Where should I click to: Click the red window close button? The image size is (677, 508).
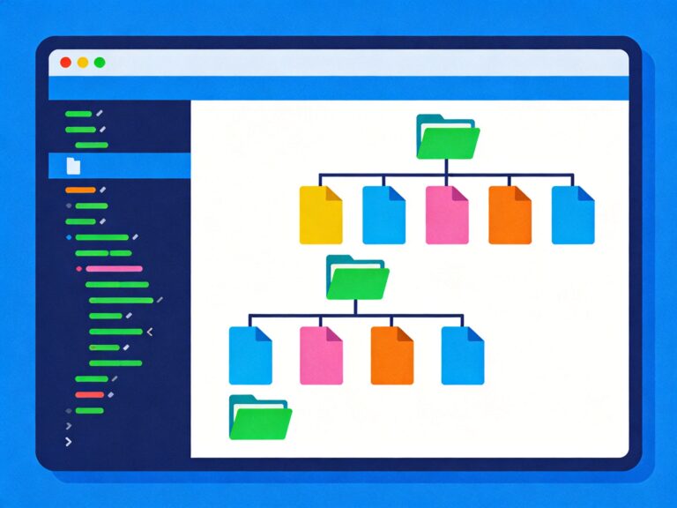tap(65, 63)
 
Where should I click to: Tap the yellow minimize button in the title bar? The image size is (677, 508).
tap(83, 63)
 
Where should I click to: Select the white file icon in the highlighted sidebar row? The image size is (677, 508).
tap(73, 165)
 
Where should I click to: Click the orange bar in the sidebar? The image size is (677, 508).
tap(80, 190)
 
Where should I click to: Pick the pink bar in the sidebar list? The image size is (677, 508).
tap(114, 268)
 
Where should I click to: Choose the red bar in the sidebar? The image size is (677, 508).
tap(89, 394)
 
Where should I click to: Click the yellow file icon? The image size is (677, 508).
tap(321, 214)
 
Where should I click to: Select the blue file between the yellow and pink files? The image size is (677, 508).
tap(384, 214)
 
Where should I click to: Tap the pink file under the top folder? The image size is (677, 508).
tap(447, 214)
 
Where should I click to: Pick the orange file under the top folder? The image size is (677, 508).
tap(510, 214)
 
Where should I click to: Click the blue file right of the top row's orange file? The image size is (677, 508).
tap(573, 214)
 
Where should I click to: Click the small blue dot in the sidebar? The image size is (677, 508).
tap(69, 237)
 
